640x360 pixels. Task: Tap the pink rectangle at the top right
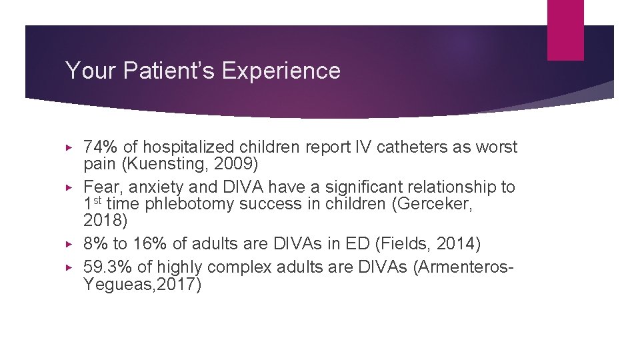(565, 30)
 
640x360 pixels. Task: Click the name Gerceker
(435, 204)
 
